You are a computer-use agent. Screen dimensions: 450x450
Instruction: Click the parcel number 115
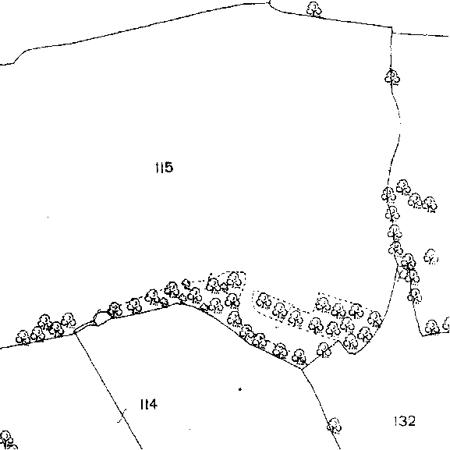coord(164,168)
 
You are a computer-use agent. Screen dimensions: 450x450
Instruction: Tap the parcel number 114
coord(149,404)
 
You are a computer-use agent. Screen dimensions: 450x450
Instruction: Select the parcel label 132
coord(405,421)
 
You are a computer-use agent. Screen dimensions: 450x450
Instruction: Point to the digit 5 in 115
coord(169,168)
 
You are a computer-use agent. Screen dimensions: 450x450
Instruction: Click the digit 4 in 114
coord(153,404)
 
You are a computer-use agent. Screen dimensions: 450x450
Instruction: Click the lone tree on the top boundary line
coord(314,9)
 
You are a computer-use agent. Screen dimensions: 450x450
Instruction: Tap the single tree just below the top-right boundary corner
coord(392,77)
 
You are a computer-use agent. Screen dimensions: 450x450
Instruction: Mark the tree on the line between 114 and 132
coord(334,425)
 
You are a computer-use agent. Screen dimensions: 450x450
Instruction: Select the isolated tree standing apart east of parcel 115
coord(431,257)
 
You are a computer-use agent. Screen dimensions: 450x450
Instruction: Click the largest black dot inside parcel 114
coord(240,389)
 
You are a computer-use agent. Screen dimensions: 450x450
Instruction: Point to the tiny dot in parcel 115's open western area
coord(48,217)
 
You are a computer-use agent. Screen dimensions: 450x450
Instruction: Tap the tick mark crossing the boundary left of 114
coord(122,415)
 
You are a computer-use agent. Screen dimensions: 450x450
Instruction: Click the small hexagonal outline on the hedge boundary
coord(98,318)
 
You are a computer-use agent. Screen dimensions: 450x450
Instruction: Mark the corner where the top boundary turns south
coord(392,27)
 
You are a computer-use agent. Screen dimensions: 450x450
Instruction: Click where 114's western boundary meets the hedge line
coord(75,333)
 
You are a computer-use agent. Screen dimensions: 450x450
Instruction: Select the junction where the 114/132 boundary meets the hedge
coord(302,368)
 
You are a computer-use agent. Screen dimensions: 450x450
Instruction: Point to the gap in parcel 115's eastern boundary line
coord(400,128)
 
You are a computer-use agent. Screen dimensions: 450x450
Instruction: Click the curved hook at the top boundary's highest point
coord(269,3)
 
